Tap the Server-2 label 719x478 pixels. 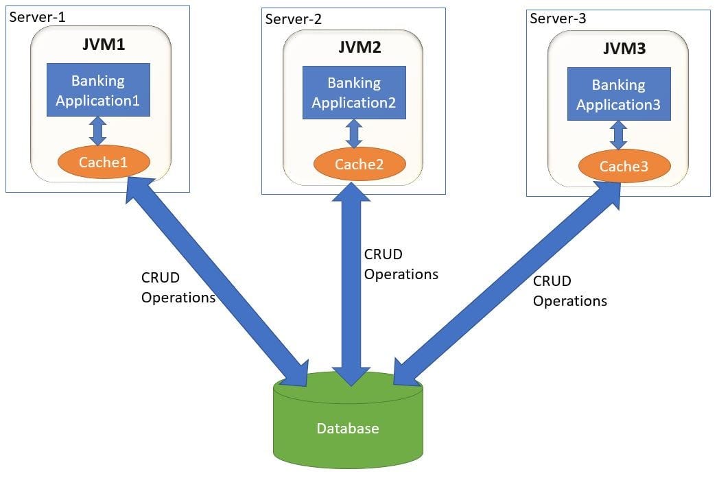pos(293,19)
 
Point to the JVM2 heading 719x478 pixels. pos(355,48)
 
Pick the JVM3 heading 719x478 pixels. pos(619,49)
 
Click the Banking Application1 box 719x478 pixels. pos(98,91)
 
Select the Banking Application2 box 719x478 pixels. pos(354,93)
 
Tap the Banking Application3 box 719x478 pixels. pos(619,95)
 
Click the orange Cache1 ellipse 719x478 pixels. pos(104,163)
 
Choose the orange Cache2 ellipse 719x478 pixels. pos(359,165)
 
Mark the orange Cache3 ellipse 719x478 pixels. pos(624,166)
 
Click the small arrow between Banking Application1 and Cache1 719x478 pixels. pos(99,130)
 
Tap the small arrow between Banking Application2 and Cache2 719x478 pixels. pos(354,133)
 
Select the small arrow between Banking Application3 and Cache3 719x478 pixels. pos(619,135)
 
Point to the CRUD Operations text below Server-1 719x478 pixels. pos(178,287)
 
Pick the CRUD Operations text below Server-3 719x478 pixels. pos(569,291)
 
